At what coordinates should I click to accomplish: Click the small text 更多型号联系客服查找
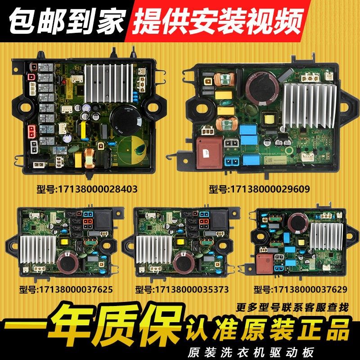click(292, 308)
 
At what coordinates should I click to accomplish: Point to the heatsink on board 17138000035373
click(152, 250)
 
